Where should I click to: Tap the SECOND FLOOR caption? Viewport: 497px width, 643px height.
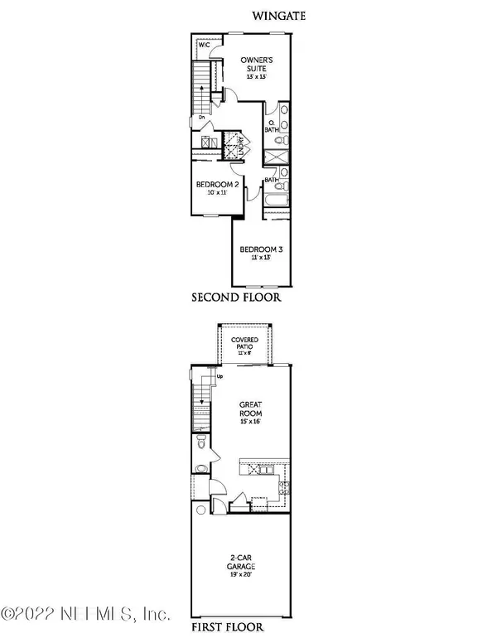point(237,297)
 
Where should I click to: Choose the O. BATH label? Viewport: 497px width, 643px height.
point(271,126)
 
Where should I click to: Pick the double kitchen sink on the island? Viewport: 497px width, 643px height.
point(266,470)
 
